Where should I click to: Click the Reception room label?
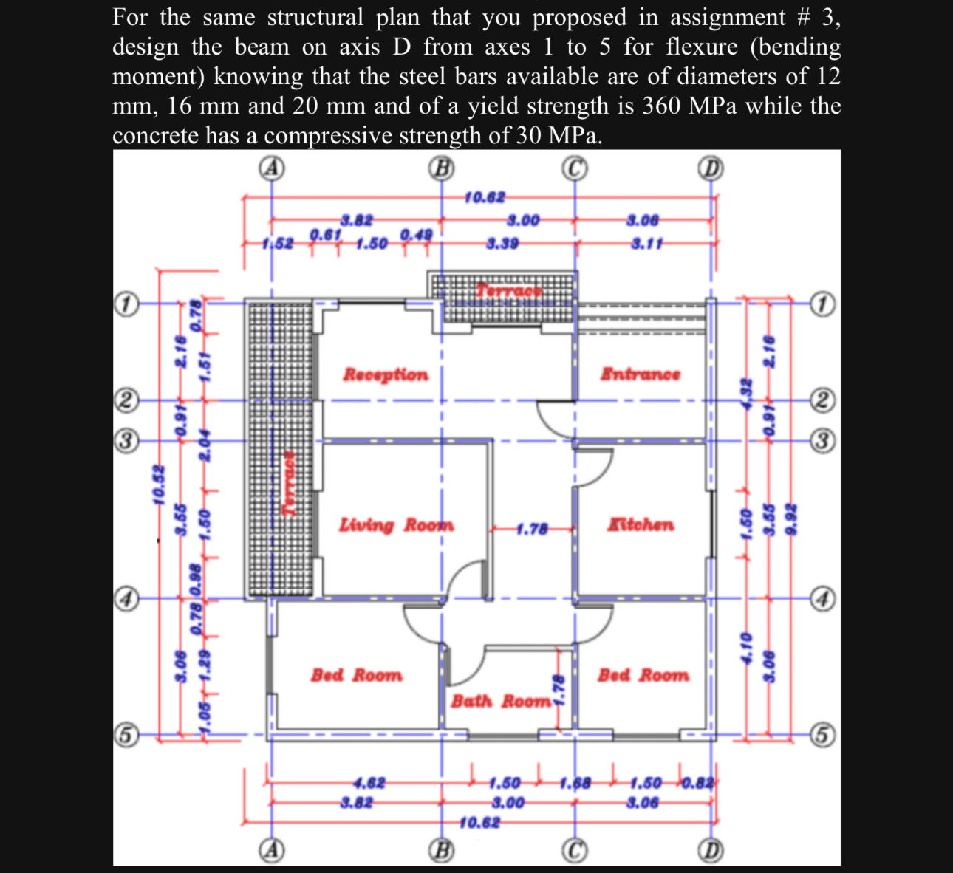coord(385,374)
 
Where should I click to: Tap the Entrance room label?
coord(640,374)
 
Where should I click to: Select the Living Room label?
coord(396,525)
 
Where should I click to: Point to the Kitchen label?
coord(641,525)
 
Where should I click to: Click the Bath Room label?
coord(501,701)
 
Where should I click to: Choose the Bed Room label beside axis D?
coord(643,675)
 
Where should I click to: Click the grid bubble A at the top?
coord(272,168)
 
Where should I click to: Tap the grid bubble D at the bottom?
coord(711,851)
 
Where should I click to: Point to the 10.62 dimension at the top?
coord(485,197)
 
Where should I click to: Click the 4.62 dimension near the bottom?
coord(369,783)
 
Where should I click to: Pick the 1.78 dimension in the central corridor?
coord(531,529)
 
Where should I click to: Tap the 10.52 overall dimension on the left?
coord(157,485)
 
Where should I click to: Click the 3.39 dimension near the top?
coord(502,243)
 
